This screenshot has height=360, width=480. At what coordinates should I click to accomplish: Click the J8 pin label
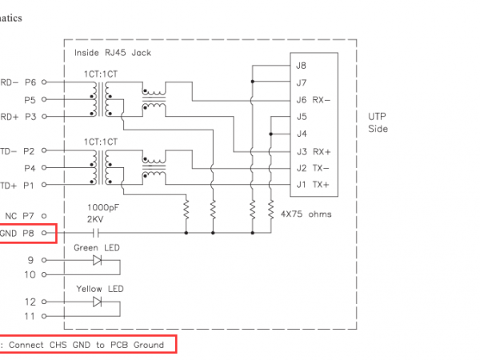pyautogui.click(x=301, y=66)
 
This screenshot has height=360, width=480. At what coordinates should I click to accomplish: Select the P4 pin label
pyautogui.click(x=30, y=168)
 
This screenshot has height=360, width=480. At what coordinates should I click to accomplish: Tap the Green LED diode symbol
pyautogui.click(x=98, y=260)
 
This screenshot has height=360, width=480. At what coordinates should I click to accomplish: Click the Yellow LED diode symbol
pyautogui.click(x=98, y=302)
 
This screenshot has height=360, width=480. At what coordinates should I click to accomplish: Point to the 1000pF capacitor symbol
pyautogui.click(x=95, y=233)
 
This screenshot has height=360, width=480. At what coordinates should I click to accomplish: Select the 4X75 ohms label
pyautogui.click(x=306, y=214)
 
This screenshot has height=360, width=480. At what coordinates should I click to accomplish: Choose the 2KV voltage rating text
pyautogui.click(x=96, y=218)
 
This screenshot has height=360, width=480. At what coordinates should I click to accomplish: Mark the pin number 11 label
pyautogui.click(x=30, y=317)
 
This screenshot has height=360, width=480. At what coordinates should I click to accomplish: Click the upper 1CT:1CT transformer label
pyautogui.click(x=100, y=74)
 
